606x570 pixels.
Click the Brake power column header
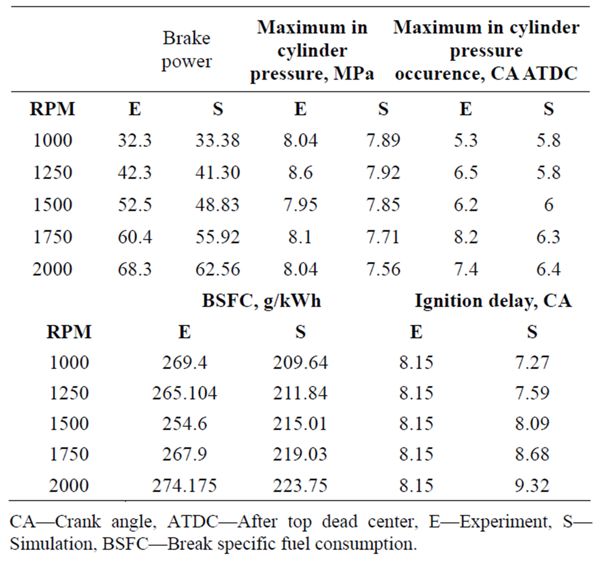click(x=186, y=50)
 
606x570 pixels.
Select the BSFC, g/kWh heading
click(x=261, y=300)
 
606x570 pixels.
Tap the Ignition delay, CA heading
click(x=493, y=300)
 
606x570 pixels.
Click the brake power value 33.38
click(x=217, y=140)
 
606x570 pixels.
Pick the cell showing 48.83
click(x=217, y=205)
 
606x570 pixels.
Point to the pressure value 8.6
click(x=300, y=172)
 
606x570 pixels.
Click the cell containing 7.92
click(x=383, y=172)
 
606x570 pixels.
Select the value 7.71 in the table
click(x=383, y=237)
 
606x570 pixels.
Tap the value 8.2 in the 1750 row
click(x=466, y=237)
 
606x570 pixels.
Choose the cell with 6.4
click(x=548, y=269)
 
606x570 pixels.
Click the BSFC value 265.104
click(x=185, y=393)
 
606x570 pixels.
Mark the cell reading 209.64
click(x=300, y=362)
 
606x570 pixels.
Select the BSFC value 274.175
click(x=185, y=485)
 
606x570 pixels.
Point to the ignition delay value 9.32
click(x=532, y=485)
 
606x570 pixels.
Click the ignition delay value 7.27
click(x=532, y=362)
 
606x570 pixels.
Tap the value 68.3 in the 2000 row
click(x=135, y=269)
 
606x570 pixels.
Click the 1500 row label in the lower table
click(x=69, y=424)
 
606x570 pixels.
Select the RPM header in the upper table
click(x=52, y=109)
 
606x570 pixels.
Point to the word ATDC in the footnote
click(x=192, y=521)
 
